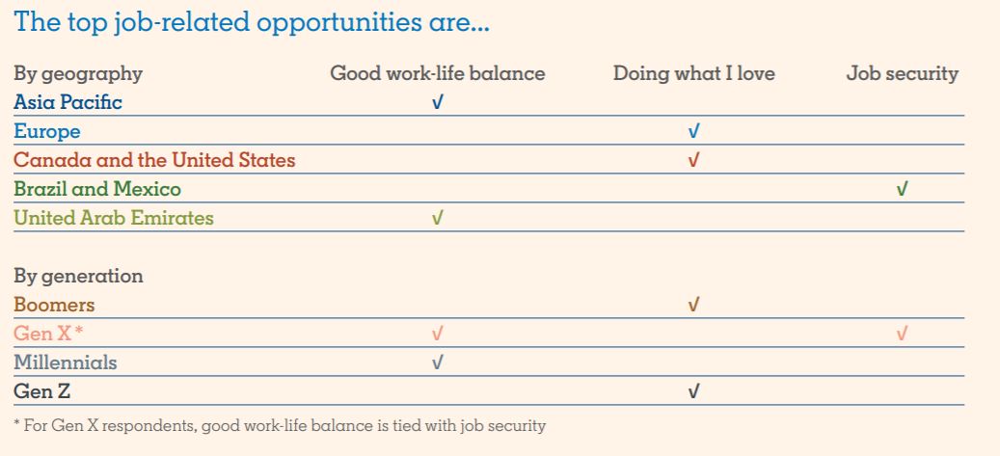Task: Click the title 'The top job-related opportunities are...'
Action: point(252,21)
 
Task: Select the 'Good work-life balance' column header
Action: point(438,73)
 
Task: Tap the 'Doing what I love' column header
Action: point(694,73)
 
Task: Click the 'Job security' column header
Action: point(903,74)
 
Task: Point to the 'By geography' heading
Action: point(78,74)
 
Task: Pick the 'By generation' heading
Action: point(78,276)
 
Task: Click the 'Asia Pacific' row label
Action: point(68,102)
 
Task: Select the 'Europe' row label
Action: point(47,132)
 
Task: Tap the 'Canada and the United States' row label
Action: point(154,160)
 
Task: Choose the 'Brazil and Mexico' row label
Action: point(97,189)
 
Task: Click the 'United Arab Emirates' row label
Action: point(114,218)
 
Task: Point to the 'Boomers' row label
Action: point(54,305)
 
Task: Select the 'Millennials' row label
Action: point(65,362)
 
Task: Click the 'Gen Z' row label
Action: point(42,391)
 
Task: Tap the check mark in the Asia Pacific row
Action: point(437,102)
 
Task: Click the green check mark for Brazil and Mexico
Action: point(901,189)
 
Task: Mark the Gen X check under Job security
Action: point(901,334)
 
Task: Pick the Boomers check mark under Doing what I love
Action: point(694,305)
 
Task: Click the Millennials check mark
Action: point(437,362)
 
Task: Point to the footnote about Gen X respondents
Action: point(280,426)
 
